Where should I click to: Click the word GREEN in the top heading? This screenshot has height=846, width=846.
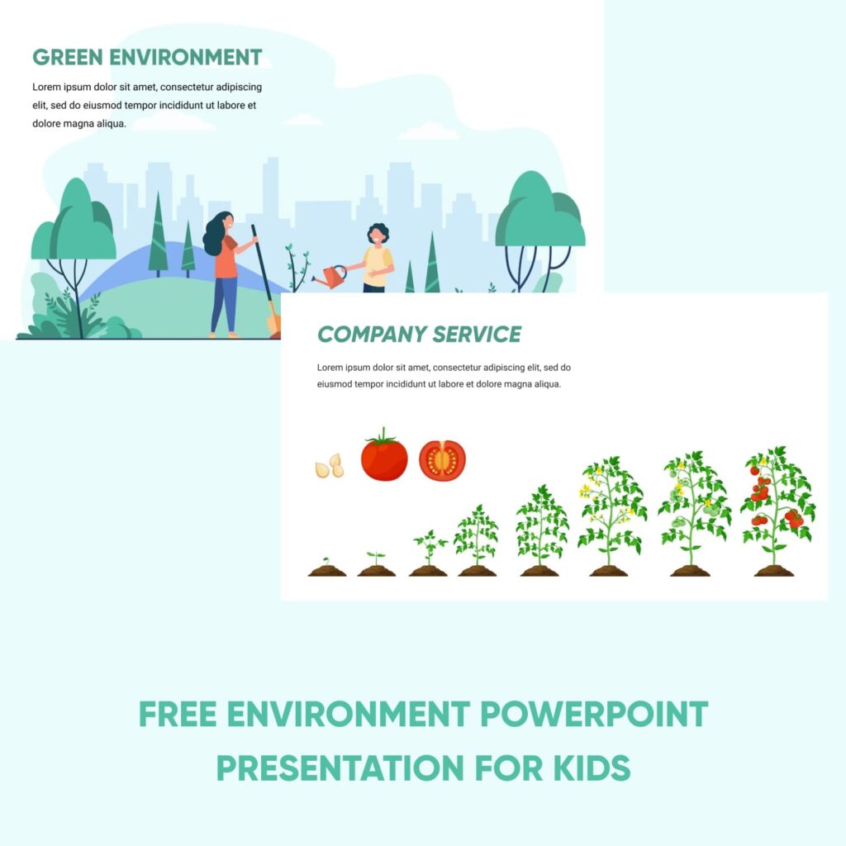click(x=67, y=58)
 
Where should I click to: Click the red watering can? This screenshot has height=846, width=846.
click(x=332, y=277)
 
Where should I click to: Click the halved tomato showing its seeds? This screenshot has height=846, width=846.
click(x=442, y=460)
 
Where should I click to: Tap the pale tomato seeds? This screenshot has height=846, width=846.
click(x=330, y=467)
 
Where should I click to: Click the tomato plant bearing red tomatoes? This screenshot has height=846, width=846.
click(x=776, y=508)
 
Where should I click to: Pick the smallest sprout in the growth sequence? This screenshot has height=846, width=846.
click(x=326, y=566)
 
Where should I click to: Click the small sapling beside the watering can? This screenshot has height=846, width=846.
click(x=297, y=266)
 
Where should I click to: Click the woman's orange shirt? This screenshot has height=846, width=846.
click(x=226, y=257)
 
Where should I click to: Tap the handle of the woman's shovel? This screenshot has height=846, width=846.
click(x=262, y=264)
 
